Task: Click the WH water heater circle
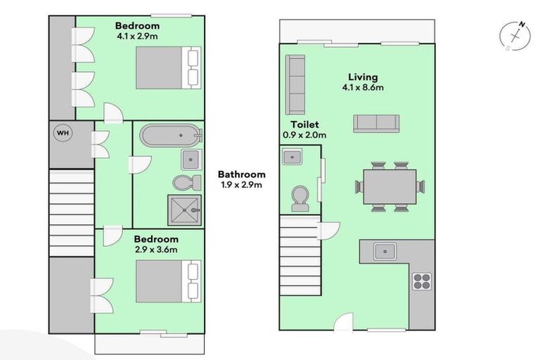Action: pyautogui.click(x=63, y=134)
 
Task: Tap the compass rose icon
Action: pyautogui.click(x=515, y=37)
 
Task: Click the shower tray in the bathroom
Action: pyautogui.click(x=185, y=210)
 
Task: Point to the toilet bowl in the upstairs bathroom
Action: pyautogui.click(x=184, y=183)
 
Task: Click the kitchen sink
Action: pyautogui.click(x=385, y=250)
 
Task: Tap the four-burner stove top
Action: pyautogui.click(x=421, y=281)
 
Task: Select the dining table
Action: pyautogui.click(x=387, y=186)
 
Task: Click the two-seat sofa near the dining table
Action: pyautogui.click(x=376, y=123)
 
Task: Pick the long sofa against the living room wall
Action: pyautogui.click(x=295, y=85)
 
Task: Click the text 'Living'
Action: pyautogui.click(x=363, y=77)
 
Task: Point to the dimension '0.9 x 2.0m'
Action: pyautogui.click(x=304, y=134)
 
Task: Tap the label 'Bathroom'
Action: pyautogui.click(x=241, y=174)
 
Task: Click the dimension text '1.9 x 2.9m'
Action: pyautogui.click(x=241, y=186)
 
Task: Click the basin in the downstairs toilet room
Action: pyautogui.click(x=292, y=157)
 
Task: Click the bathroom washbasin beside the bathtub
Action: pyautogui.click(x=190, y=159)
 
